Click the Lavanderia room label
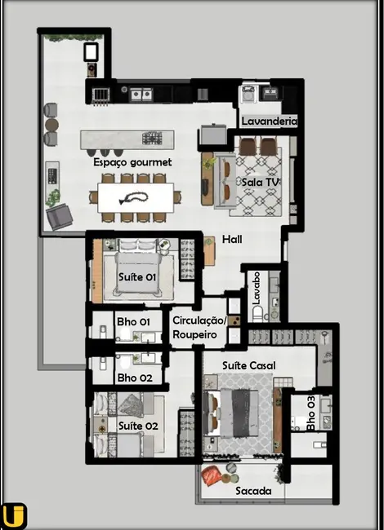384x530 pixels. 269,121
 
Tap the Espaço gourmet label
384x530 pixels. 132,162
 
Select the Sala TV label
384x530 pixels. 261,182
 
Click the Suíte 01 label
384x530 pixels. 137,277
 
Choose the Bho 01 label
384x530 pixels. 134,322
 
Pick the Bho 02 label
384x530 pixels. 134,378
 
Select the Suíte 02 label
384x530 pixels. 137,426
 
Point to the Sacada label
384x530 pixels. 253,492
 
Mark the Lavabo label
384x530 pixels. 256,289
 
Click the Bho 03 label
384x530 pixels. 311,413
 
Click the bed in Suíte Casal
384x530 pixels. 242,409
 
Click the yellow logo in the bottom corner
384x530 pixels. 14,515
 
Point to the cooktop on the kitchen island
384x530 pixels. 153,138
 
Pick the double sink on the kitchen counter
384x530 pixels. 141,94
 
